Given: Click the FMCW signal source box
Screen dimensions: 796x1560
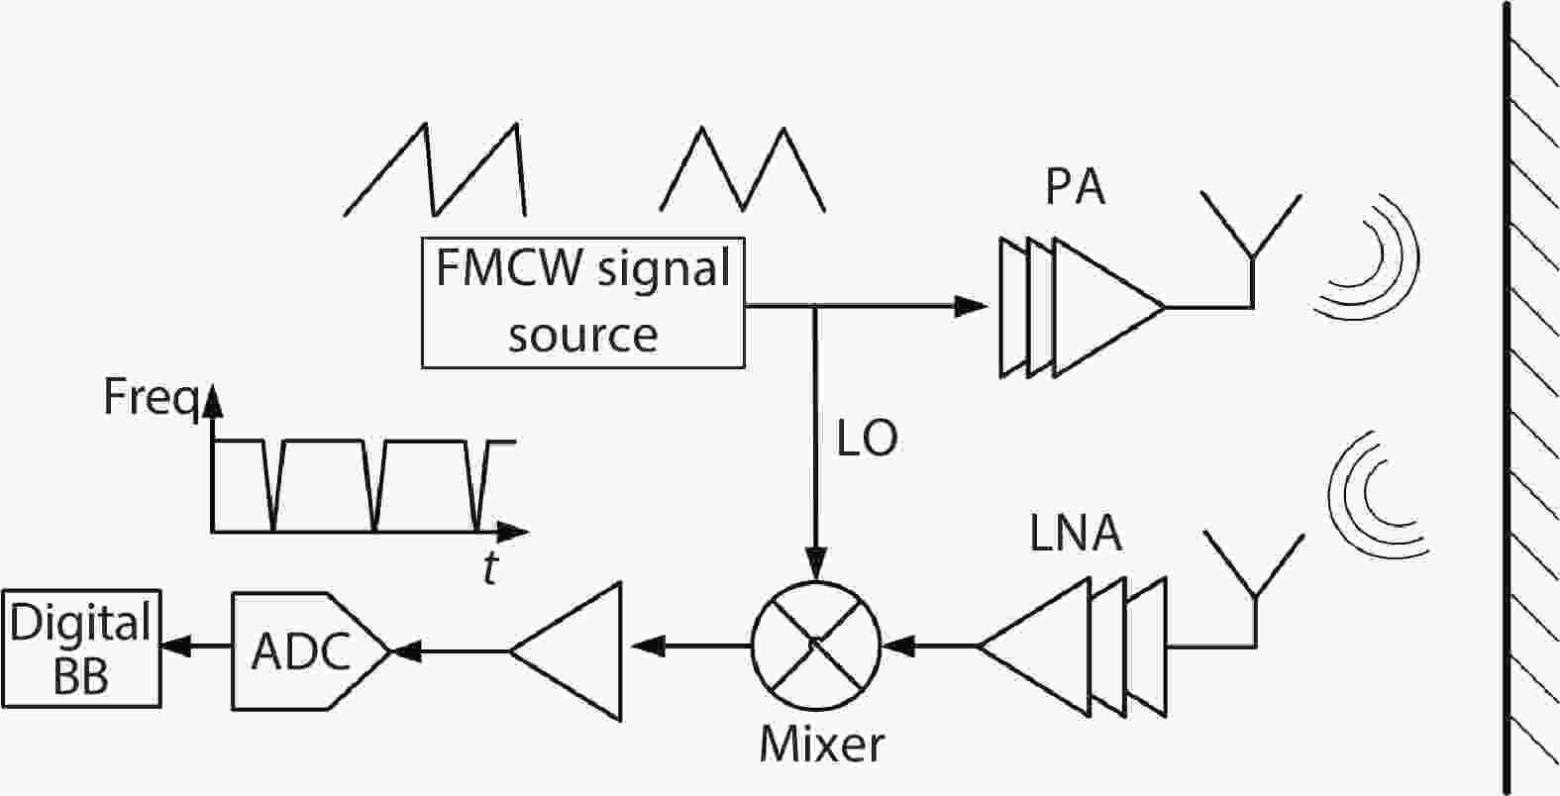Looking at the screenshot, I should point(582,302).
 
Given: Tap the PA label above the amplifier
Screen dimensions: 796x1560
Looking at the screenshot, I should point(1075,185).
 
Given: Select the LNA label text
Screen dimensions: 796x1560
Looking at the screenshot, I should point(1076,534).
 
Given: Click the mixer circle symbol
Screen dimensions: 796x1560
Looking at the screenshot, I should point(815,646).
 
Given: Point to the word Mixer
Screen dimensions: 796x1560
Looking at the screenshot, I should point(821,744).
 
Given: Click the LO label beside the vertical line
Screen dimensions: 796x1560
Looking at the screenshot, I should point(868,440).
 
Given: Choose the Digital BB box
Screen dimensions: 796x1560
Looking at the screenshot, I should point(81,649).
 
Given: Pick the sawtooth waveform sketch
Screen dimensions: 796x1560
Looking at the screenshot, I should point(434,168).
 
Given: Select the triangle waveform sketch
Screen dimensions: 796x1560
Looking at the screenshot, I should point(743,168).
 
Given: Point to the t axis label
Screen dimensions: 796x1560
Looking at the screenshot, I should point(490,568).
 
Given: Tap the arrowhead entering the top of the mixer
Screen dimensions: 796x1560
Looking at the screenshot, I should point(815,565).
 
